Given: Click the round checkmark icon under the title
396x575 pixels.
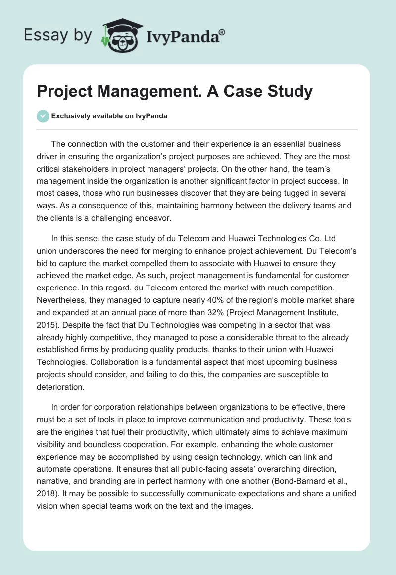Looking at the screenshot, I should (43, 116).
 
